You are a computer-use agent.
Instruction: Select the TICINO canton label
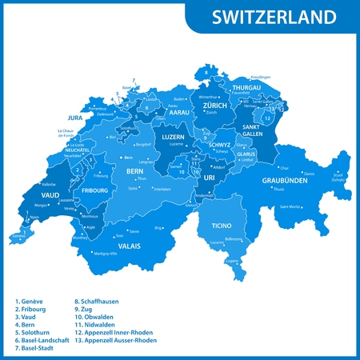coord(221,226)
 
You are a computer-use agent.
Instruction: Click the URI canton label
coord(209,178)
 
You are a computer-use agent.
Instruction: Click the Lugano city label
coord(231,260)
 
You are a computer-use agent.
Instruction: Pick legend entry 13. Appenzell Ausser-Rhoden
coord(115,340)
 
